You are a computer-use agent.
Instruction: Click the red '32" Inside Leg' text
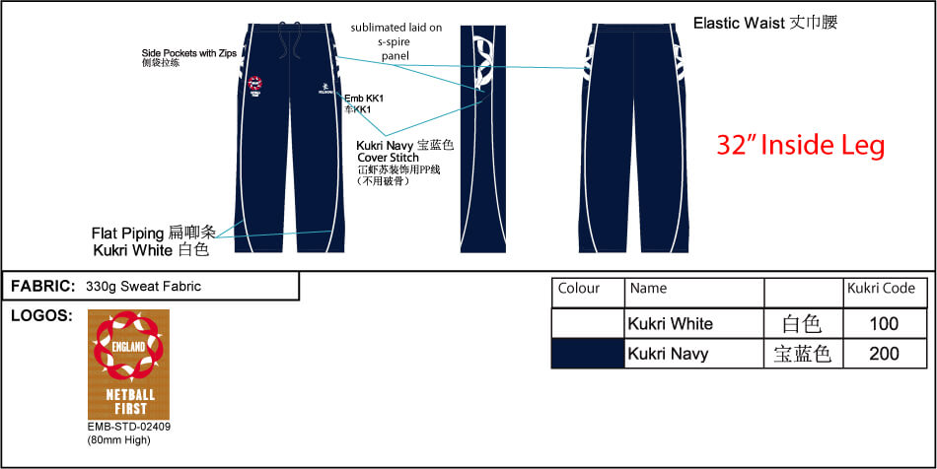(800, 146)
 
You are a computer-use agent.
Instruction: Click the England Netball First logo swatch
(128, 364)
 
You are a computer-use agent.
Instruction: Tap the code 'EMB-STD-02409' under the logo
(128, 427)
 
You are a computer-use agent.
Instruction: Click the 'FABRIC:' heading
(43, 287)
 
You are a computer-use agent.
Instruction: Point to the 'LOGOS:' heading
(39, 316)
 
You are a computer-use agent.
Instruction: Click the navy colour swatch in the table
(588, 353)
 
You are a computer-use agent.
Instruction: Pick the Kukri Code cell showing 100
(885, 323)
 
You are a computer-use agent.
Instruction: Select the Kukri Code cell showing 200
(885, 353)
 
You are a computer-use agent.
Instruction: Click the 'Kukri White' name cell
(670, 323)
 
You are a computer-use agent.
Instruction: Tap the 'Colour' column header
(578, 290)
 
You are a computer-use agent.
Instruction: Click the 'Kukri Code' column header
(881, 290)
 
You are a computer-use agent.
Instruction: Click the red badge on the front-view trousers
(254, 87)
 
